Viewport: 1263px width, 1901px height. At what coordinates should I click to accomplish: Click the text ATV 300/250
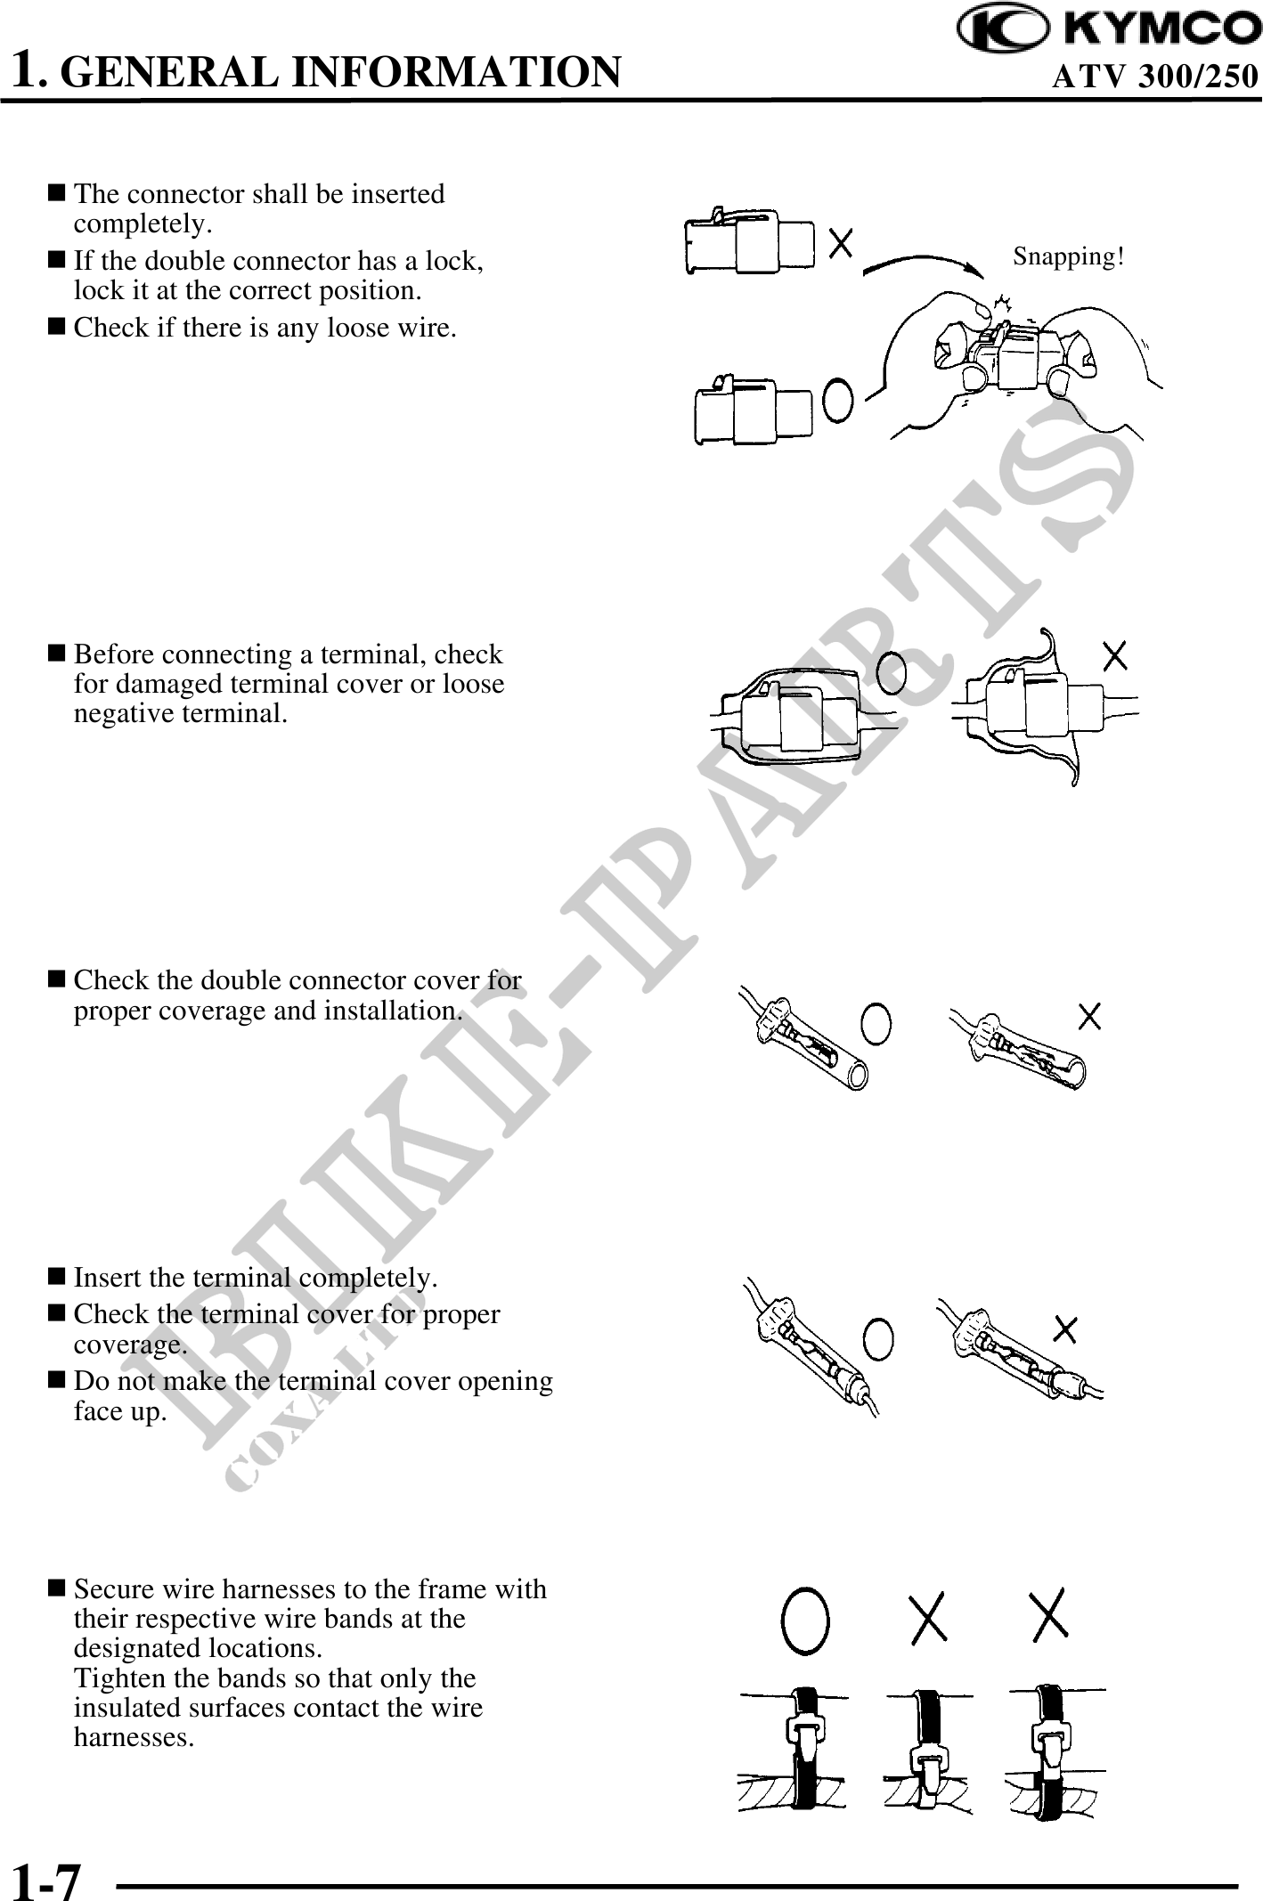click(1155, 77)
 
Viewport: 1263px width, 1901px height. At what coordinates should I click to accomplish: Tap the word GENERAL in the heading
click(173, 71)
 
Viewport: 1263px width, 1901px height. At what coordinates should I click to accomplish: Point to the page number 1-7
click(46, 1878)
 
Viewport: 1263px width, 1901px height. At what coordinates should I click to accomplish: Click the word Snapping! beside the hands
click(1069, 256)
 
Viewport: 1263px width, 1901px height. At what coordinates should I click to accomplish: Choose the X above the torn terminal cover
click(1115, 656)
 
